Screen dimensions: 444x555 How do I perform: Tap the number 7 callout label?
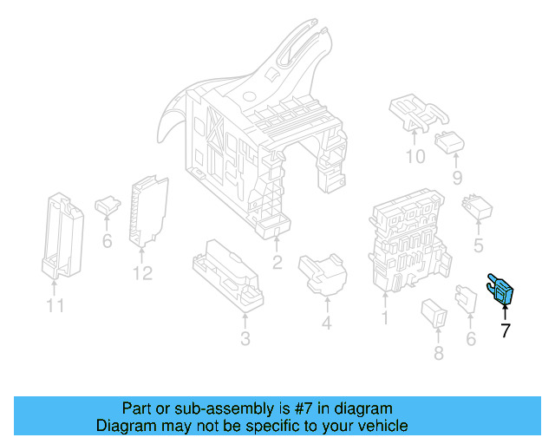coord(505,330)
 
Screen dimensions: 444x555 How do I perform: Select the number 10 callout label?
coord(415,157)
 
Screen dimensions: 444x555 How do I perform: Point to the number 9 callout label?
coord(457,178)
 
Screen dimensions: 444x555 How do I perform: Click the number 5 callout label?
coord(478,246)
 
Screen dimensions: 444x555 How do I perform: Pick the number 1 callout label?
coord(384,318)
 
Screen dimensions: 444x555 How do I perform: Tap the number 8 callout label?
coord(438,352)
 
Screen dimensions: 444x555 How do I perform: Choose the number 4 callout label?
coord(326,324)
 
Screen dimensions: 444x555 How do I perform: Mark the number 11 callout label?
coord(55,305)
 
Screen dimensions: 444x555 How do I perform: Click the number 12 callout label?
coord(142,274)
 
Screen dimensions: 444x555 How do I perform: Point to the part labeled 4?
coord(322,275)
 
